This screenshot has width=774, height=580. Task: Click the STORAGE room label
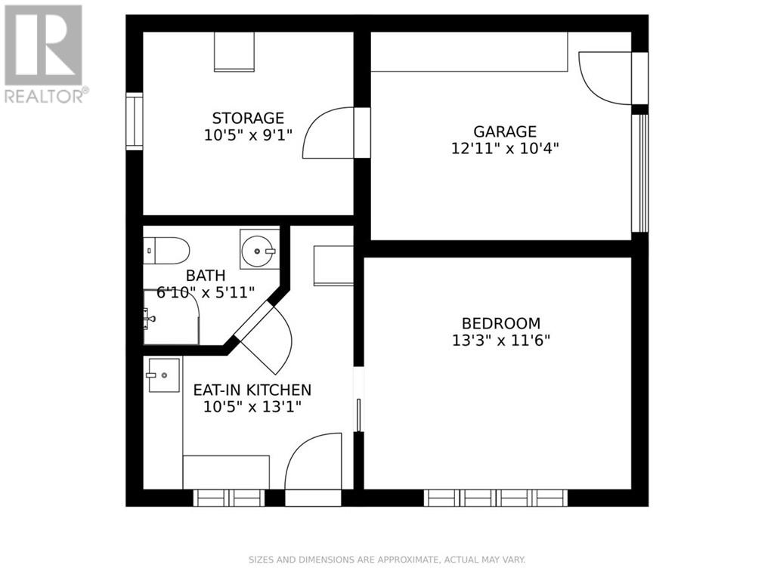tap(248, 119)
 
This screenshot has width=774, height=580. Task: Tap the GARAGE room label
tap(505, 132)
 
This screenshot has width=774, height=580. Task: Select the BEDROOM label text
tap(500, 323)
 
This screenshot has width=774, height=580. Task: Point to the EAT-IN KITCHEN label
tap(252, 390)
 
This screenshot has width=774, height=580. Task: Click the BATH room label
tap(206, 276)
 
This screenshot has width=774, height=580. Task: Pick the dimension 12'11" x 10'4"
tap(505, 149)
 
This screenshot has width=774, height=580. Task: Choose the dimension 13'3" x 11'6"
tap(500, 340)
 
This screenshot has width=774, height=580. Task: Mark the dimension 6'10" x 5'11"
tap(206, 292)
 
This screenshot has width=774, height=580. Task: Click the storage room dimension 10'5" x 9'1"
tap(248, 135)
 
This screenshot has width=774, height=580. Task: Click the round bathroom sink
tap(259, 249)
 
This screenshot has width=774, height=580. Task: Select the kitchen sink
tap(163, 375)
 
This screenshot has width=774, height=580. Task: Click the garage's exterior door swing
tap(605, 77)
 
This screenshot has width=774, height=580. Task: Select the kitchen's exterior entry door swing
tap(313, 461)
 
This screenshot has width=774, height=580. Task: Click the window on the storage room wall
tap(134, 121)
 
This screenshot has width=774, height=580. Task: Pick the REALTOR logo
tap(44, 53)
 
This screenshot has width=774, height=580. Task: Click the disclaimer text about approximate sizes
tap(386, 560)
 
